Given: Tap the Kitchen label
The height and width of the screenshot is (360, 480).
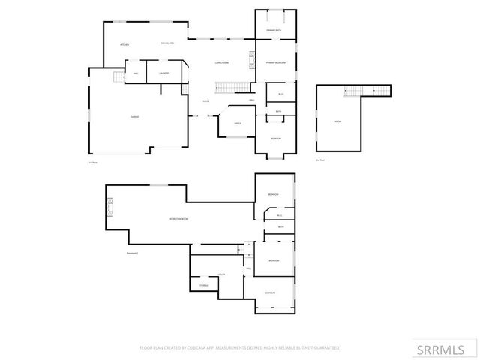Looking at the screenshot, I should pos(125,45).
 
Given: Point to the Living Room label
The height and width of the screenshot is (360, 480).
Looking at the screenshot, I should pos(221,63).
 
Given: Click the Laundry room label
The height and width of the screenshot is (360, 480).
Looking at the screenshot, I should pos(163,73).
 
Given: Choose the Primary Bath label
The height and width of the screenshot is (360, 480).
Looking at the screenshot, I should pos(274,29).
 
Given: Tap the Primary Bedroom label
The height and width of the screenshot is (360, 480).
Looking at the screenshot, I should pos(275,62).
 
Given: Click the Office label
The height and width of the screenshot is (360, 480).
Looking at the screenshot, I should pos(237,123).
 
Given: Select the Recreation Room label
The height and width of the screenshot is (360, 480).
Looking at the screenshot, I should pos(178,218).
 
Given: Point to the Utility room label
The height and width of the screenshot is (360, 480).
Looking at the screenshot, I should pos(222,275).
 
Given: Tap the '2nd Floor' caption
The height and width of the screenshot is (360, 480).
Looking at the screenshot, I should pos(320,160).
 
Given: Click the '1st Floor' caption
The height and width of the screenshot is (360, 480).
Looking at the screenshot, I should pos(93,163).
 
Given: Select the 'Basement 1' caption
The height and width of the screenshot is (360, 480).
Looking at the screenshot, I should pos(133,253).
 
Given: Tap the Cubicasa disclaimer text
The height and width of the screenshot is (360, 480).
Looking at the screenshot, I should pos(240,348).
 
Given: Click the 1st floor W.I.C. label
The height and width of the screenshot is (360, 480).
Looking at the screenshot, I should pos(280,94).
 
